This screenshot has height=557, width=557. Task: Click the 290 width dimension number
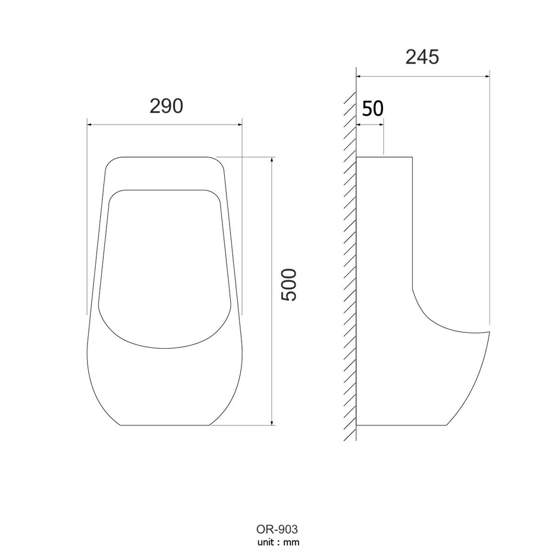(166, 106)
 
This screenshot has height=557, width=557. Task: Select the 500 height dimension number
(288, 285)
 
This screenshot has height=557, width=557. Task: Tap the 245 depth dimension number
(422, 57)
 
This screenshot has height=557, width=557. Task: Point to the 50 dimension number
(373, 108)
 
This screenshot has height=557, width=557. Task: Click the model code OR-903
(277, 529)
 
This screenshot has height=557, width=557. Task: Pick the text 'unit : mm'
(278, 542)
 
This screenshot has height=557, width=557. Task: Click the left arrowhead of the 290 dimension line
(90, 125)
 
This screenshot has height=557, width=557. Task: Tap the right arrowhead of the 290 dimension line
(240, 125)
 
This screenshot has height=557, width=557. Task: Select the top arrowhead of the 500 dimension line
(272, 159)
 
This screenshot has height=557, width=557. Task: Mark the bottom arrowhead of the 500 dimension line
(272, 422)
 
